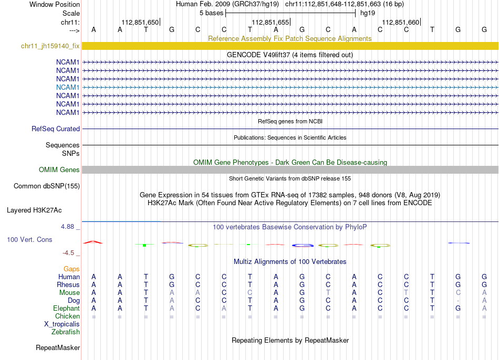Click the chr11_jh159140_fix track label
pos(50,46)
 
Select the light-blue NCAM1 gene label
pos(68,87)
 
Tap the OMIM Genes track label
pos(59,170)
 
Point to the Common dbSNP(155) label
pos(47,186)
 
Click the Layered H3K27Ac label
pos(34,210)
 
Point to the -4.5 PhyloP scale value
pos(70,252)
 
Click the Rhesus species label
pos(68,284)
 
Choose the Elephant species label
pos(66,309)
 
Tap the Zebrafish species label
pos(66,332)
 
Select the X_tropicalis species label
pos(62,324)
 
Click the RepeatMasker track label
pos(58,347)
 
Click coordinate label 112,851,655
pos(271,22)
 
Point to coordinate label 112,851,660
pos(401,22)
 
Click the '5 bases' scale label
pos(211,13)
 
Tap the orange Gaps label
pos(71,269)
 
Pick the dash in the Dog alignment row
pos(458,301)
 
